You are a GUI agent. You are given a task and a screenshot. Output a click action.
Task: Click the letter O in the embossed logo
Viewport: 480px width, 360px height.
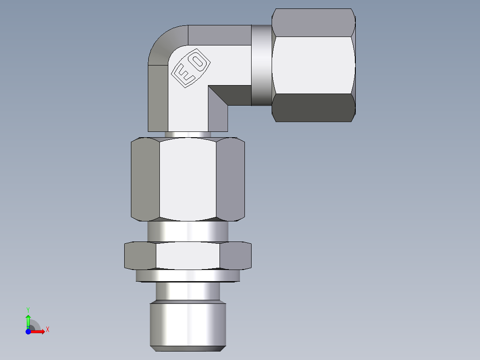pyautogui.click(x=199, y=61)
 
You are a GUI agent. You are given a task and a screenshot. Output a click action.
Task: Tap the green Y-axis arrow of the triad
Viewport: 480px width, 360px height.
pyautogui.click(x=28, y=320)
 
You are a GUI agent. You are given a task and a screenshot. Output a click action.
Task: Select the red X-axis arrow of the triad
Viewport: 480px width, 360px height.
pyautogui.click(x=39, y=331)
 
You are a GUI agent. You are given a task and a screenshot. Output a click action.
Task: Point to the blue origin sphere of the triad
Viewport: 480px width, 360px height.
pyautogui.click(x=28, y=331)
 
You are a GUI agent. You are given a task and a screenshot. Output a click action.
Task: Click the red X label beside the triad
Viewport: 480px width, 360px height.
pyautogui.click(x=48, y=330)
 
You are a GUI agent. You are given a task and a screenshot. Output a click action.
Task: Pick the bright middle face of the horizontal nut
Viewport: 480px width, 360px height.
pyautogui.click(x=313, y=65)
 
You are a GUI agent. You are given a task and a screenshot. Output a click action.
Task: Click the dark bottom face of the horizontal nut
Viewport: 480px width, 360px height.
pyautogui.click(x=313, y=108)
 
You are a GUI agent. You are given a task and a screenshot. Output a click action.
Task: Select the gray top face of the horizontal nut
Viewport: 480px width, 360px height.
pyautogui.click(x=313, y=22)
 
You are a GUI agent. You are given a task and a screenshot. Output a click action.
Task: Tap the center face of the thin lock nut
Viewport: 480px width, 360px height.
pyautogui.click(x=187, y=256)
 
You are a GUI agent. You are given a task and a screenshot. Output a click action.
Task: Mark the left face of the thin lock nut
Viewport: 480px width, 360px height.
pyautogui.click(x=140, y=256)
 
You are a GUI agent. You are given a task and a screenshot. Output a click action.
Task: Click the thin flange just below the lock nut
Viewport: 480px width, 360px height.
pyautogui.click(x=187, y=276)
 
